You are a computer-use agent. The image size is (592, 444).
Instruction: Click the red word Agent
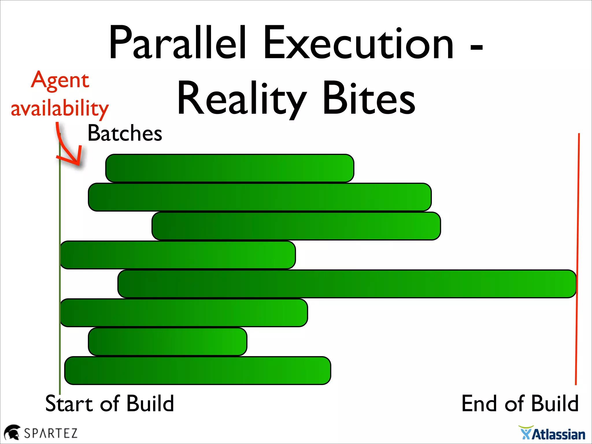point(60,80)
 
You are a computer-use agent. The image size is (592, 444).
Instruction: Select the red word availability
point(60,109)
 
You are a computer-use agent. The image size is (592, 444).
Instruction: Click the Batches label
point(125,133)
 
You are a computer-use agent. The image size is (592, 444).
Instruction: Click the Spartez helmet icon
point(12,433)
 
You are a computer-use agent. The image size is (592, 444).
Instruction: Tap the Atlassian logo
point(552,434)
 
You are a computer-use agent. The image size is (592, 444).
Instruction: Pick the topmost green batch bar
point(230,168)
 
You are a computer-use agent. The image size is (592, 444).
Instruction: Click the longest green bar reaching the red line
point(347,284)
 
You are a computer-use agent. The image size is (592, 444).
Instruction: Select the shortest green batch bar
point(167,342)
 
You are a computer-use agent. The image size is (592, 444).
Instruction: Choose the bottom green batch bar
point(197,371)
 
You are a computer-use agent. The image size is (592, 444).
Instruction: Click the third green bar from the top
point(296,226)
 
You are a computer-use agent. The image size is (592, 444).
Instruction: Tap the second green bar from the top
point(260,197)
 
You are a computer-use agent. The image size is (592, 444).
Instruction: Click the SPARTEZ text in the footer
point(51,433)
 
